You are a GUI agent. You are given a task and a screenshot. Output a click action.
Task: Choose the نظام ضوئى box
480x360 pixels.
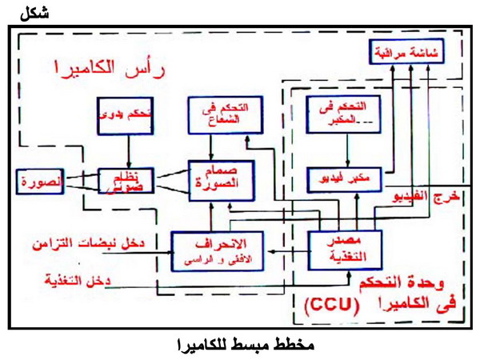[x=126, y=182]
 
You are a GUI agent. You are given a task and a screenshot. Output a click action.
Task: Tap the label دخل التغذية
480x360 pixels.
[x=76, y=280]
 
